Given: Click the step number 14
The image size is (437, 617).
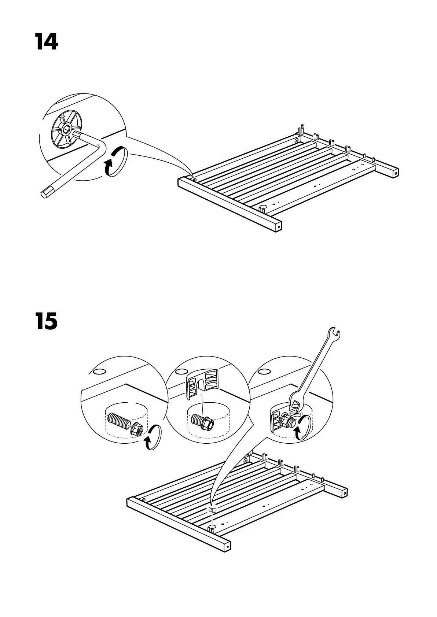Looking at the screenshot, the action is pos(47,42).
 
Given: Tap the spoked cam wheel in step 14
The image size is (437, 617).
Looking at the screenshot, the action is pos(66,130).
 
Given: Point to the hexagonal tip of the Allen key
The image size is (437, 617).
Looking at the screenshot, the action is pos(46,192).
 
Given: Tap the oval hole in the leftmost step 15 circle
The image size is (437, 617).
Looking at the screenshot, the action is pos(98,372).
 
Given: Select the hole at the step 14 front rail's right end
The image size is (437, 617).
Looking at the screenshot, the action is pos(278,227).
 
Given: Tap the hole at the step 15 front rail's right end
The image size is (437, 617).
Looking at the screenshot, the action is pos(227,546).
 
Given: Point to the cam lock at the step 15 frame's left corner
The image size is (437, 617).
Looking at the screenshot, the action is pos(143,500).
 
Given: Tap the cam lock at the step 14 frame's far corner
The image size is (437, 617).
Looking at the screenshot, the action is pos(297,140).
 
